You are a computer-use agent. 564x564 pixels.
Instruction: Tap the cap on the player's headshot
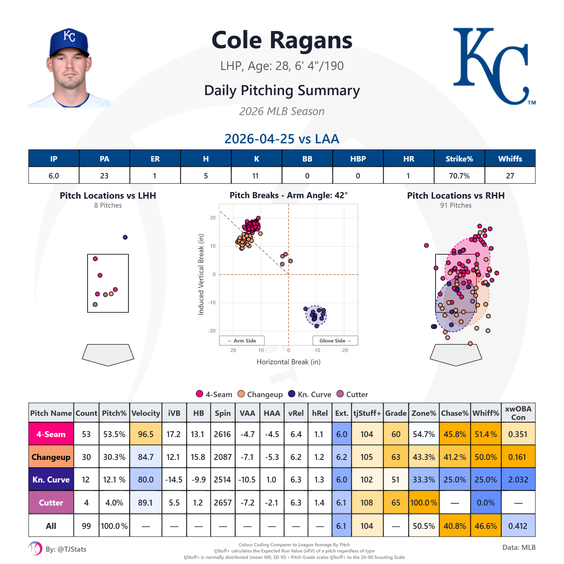coord(69,42)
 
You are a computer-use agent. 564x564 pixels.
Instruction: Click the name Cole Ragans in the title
coord(282,41)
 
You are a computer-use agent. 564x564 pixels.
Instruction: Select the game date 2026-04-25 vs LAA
coord(282,139)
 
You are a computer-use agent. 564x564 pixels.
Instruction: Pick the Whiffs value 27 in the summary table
coord(510,176)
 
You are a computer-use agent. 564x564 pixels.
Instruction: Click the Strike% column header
coord(459,159)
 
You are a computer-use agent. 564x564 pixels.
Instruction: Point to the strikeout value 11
coord(256,176)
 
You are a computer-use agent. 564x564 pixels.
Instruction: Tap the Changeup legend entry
coord(260,394)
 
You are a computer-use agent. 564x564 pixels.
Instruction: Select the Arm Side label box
coord(242,341)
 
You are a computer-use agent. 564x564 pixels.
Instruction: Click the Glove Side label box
coord(335,341)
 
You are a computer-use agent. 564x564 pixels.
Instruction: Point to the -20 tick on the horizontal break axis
coord(344,350)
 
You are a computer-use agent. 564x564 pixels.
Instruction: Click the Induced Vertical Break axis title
coord(201,274)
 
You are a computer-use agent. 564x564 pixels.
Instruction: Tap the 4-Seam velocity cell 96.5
coord(146,434)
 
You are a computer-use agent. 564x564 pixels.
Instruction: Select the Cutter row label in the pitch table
coord(51,503)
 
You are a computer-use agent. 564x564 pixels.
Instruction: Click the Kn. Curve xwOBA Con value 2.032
coord(518,480)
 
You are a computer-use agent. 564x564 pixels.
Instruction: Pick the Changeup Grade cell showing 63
coord(396,457)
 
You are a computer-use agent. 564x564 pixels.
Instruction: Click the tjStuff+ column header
coord(367,413)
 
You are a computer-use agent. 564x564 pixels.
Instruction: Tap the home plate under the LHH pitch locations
coord(108,354)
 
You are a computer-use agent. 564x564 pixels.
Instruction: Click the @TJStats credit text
coord(66,549)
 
